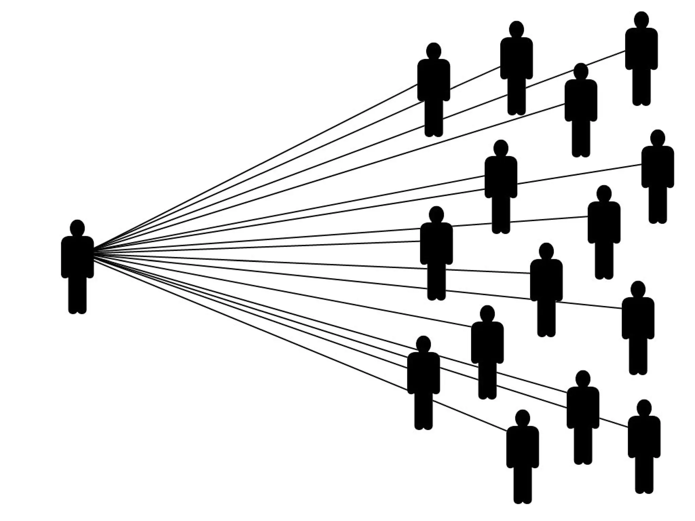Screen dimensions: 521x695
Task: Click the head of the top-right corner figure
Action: (641, 20)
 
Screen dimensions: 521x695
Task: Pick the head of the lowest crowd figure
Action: (523, 418)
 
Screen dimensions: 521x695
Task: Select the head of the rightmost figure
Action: (658, 138)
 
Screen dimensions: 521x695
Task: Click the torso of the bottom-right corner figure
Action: (644, 438)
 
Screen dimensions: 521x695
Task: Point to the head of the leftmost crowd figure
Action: (424, 344)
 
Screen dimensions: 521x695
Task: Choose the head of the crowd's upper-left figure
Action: (434, 51)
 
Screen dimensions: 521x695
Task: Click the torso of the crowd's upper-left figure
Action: (434, 80)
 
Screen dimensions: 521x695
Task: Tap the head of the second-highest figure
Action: (516, 29)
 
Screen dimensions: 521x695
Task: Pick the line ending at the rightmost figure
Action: (577, 174)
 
